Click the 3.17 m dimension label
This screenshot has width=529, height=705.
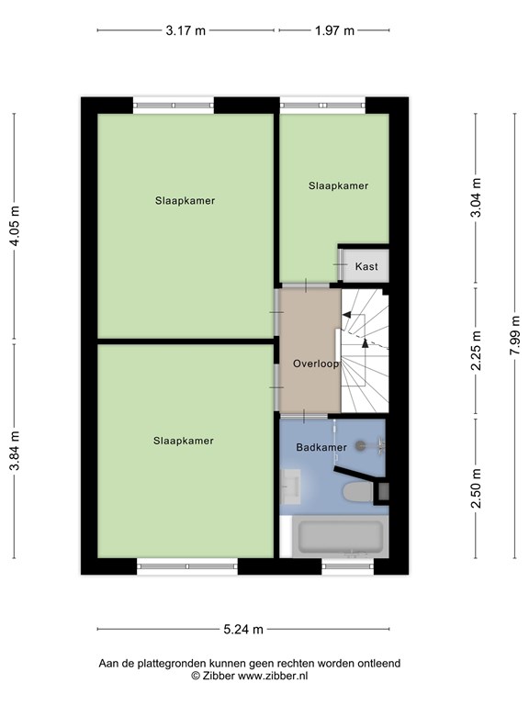click(x=186, y=30)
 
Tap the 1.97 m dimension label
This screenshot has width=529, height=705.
click(x=334, y=30)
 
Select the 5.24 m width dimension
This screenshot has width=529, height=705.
click(x=243, y=629)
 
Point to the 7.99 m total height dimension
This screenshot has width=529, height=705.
click(x=515, y=335)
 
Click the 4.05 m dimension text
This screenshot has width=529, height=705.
click(x=15, y=226)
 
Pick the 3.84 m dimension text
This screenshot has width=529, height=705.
click(x=15, y=451)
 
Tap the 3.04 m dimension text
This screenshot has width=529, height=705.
click(x=476, y=197)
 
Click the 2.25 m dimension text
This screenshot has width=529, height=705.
click(x=476, y=351)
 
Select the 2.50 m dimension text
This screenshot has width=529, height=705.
click(x=476, y=488)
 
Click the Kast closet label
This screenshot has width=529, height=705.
click(x=366, y=266)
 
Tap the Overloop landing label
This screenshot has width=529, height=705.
click(x=316, y=364)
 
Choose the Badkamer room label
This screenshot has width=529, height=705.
click(x=321, y=447)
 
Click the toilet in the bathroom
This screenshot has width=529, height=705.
click(x=358, y=492)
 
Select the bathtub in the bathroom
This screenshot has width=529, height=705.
click(x=341, y=537)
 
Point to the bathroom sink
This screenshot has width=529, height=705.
click(x=290, y=487)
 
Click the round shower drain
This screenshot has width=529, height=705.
click(x=360, y=445)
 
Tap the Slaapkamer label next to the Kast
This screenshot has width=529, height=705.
click(x=338, y=185)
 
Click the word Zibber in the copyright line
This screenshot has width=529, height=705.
click(x=219, y=676)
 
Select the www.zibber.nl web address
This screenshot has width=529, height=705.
click(x=273, y=676)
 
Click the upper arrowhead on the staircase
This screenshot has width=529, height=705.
click(x=346, y=315)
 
